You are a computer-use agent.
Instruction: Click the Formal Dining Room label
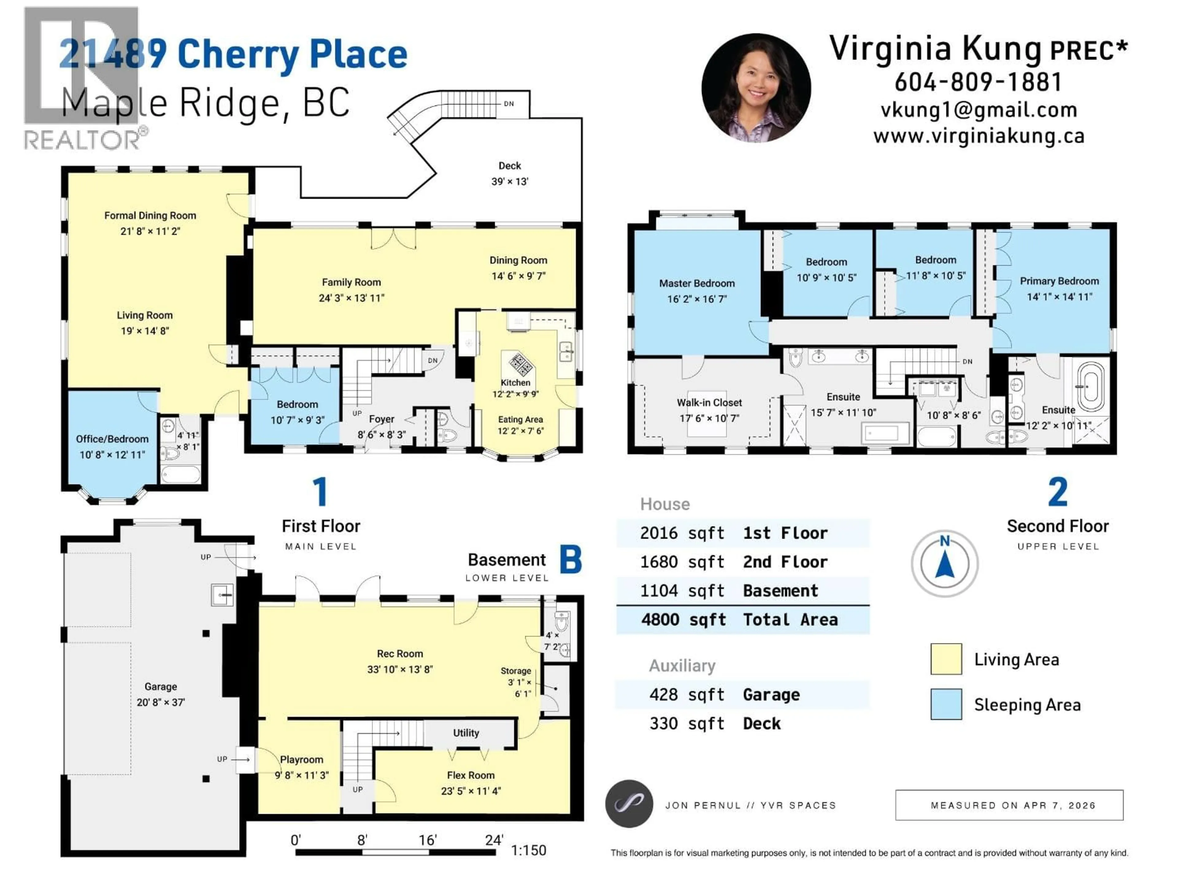coord(150,216)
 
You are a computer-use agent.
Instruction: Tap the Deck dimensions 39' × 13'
coord(510,182)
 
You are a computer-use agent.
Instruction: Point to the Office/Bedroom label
coord(112,439)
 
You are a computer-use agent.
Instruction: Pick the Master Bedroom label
coord(697,283)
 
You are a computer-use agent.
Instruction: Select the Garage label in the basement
coord(160,686)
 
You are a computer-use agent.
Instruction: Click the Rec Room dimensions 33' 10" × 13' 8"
coord(400,669)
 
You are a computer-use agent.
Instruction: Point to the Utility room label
coord(466,733)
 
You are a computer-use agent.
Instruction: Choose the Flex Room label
coord(471,775)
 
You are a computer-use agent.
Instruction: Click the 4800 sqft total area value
coord(683,620)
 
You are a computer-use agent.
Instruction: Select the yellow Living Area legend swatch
coord(946,659)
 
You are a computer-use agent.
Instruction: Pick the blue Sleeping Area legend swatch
coord(946,704)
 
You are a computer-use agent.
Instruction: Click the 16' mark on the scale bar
coord(428,840)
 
